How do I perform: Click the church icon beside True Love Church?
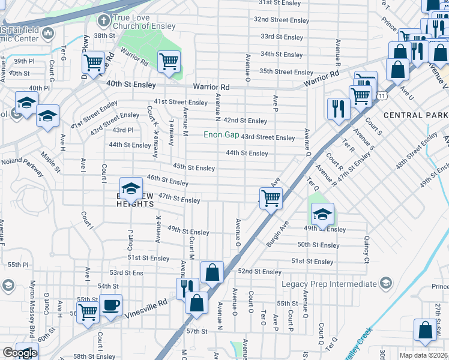point(103,22)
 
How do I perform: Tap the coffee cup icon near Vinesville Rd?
point(110,305)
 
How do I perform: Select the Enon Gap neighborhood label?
point(221,135)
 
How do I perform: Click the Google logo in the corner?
point(19,353)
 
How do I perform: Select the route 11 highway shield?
point(382,95)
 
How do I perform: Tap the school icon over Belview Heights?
point(131,189)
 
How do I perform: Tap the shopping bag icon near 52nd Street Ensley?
point(212,272)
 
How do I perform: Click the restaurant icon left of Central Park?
point(339,109)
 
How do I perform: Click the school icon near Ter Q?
point(322,215)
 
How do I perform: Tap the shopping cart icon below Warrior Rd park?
point(169,61)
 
